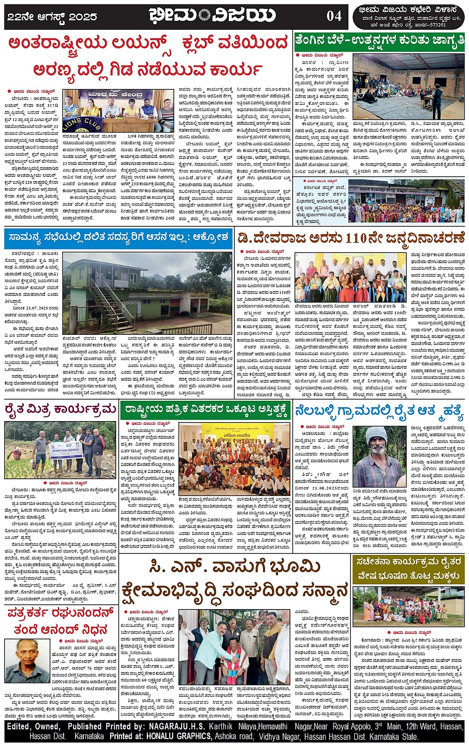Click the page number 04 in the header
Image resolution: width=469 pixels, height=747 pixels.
tap(334, 16)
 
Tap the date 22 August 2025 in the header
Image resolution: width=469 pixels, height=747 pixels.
tap(52, 16)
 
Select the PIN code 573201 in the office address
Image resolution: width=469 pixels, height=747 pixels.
tap(434, 25)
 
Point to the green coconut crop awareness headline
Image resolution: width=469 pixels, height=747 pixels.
tap(379, 40)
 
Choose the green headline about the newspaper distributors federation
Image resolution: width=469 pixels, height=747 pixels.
tap(206, 410)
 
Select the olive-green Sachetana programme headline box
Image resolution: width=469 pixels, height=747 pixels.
tap(408, 568)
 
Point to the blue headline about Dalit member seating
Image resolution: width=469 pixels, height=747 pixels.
tap(118, 237)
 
